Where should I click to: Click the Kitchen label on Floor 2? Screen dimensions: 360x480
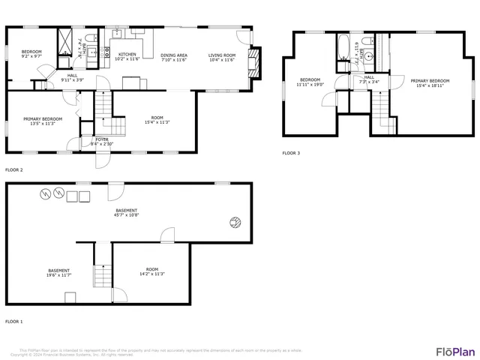127,55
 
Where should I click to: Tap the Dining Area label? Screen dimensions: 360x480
173,55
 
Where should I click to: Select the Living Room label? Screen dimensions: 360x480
221,55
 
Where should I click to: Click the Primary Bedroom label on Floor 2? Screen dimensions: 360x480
43,118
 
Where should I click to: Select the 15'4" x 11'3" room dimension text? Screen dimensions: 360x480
157,122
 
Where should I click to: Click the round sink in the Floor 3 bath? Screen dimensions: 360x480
370,55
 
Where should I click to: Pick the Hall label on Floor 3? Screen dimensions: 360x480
369,76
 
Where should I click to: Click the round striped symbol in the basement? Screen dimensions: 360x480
235,221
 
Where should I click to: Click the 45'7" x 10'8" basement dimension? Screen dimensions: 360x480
126,215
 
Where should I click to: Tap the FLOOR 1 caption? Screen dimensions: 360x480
14,321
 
